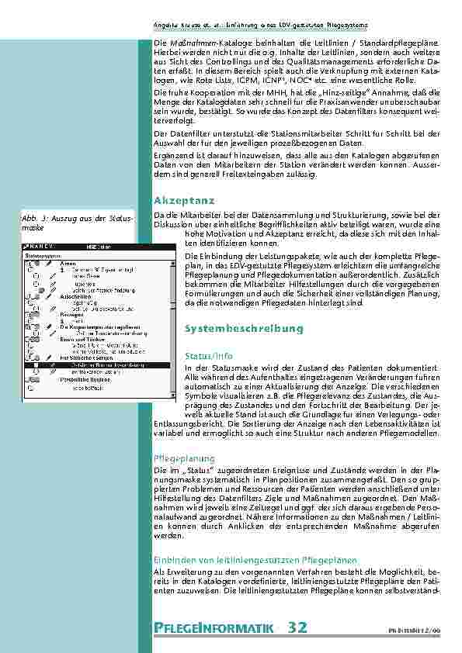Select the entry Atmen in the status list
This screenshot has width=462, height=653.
point(68,263)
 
